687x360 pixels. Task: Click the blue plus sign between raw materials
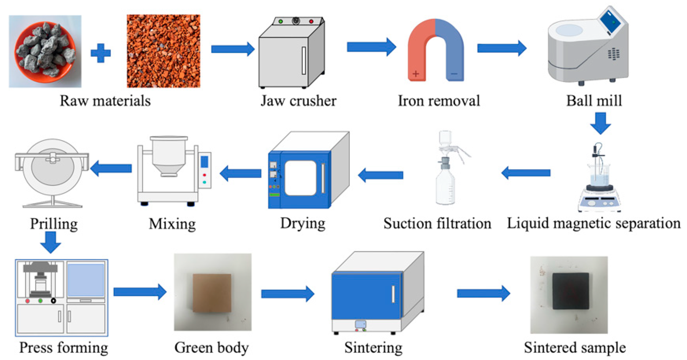[100, 53]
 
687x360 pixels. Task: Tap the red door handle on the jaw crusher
[303, 61]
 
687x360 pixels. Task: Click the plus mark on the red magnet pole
[415, 74]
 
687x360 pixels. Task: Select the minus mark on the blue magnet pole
[454, 74]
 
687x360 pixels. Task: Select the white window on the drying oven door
[301, 178]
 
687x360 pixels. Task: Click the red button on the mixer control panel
[204, 175]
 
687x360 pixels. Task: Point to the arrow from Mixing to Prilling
[111, 168]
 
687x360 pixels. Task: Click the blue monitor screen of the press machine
[86, 280]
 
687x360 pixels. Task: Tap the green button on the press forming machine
[40, 301]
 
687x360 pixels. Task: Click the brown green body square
[212, 293]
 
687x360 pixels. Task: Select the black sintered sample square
[570, 291]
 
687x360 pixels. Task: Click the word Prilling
[54, 224]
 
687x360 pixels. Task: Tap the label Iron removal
[439, 101]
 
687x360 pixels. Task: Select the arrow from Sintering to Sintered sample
[483, 294]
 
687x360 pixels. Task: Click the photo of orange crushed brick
[163, 51]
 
